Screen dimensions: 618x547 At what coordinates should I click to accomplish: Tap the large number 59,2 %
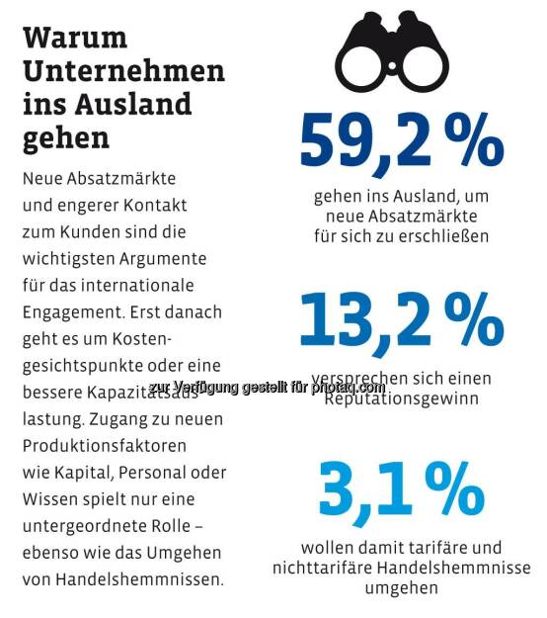pos(401,141)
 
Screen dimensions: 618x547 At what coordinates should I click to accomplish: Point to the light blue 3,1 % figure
pos(401,490)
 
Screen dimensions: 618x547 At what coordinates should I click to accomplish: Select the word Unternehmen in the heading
pos(123,70)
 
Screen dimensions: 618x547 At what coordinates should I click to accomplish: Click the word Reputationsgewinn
pos(401,398)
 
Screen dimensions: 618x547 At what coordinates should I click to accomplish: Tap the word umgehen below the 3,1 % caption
pos(401,587)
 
